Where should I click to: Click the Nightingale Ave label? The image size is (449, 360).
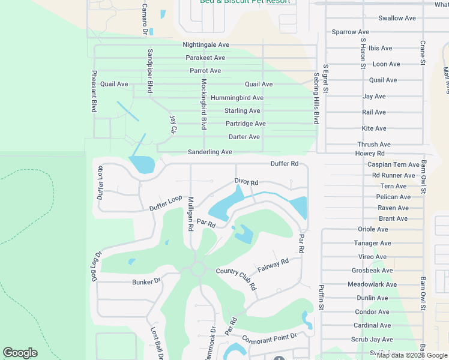[206, 45]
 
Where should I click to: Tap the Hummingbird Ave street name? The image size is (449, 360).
[237, 98]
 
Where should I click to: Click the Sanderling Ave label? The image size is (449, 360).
[209, 152]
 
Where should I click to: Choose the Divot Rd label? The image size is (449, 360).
[246, 182]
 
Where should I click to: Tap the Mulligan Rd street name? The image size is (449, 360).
[190, 214]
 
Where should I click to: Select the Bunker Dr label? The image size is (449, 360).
[146, 281]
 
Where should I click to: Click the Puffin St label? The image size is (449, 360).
[321, 297]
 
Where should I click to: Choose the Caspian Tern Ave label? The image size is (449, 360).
[393, 164]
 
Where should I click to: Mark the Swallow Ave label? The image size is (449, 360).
[397, 18]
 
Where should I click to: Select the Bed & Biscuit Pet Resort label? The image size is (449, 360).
[245, 2]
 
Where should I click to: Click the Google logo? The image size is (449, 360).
[20, 353]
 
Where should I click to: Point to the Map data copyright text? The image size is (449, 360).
[411, 355]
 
